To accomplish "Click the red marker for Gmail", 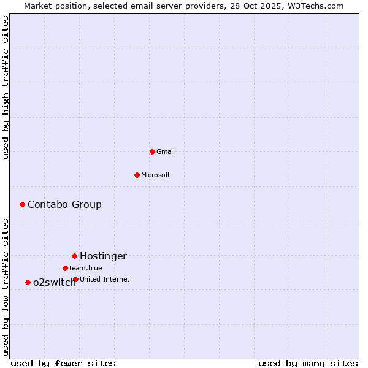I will click(152, 151).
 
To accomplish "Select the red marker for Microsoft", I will click(137, 175).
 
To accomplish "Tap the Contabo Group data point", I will click(22, 204).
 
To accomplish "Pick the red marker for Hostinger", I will click(74, 256).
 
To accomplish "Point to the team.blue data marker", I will click(65, 268).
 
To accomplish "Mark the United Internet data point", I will click(75, 279).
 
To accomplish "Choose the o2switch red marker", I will click(28, 282).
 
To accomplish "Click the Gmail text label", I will click(166, 151).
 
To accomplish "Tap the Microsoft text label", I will click(156, 175).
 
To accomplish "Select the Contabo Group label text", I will click(64, 205).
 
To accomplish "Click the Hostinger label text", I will click(103, 256).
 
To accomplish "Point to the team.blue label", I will click(86, 268).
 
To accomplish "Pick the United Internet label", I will click(105, 279).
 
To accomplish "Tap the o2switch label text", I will click(54, 283).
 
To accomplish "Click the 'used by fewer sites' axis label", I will click(63, 363).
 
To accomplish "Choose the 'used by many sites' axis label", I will click(308, 363).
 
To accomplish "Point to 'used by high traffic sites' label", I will click(6, 87).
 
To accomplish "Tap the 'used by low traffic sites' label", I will click(6, 287).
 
